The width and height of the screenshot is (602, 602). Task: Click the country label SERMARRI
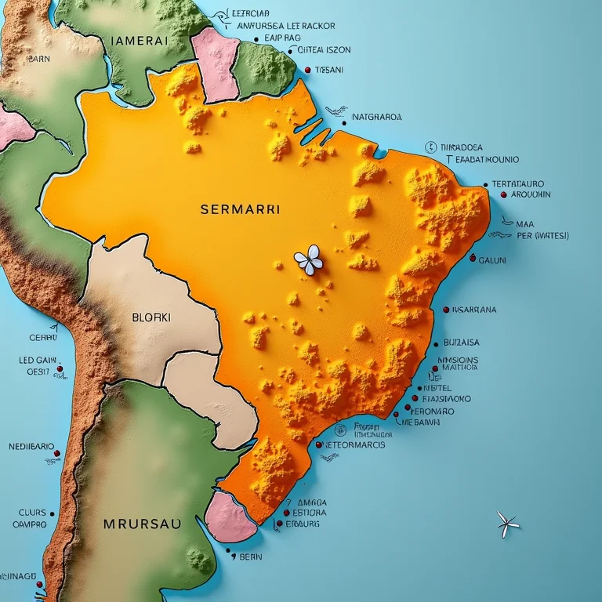pos(240,210)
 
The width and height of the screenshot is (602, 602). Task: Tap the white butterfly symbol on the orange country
pos(308,259)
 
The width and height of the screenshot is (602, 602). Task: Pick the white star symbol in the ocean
pos(508,524)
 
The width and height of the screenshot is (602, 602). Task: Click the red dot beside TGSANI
pos(307,70)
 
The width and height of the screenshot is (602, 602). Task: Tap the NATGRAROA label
pos(377,118)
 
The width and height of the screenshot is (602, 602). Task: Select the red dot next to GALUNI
pos(472,258)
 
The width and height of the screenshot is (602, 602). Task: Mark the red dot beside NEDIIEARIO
pos(57,452)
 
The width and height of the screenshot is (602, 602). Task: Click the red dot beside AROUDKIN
pos(495,194)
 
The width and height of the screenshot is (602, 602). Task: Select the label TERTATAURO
pos(518,184)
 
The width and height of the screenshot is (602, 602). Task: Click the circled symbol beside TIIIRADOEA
pos(430,147)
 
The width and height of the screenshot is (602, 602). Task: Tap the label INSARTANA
pos(474,310)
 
